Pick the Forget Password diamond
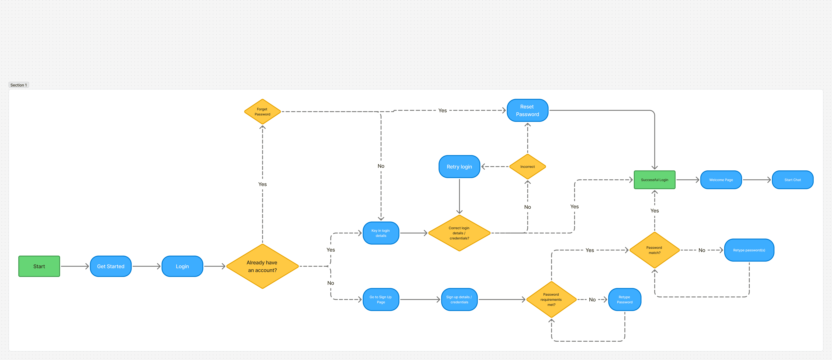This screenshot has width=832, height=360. coord(262,112)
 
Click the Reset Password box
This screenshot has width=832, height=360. coord(527,110)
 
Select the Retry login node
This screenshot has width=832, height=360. coord(459,167)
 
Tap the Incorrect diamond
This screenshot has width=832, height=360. coord(527,167)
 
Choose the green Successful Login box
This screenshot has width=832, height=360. coord(654,180)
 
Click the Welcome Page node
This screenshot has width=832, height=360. coord(721,180)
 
